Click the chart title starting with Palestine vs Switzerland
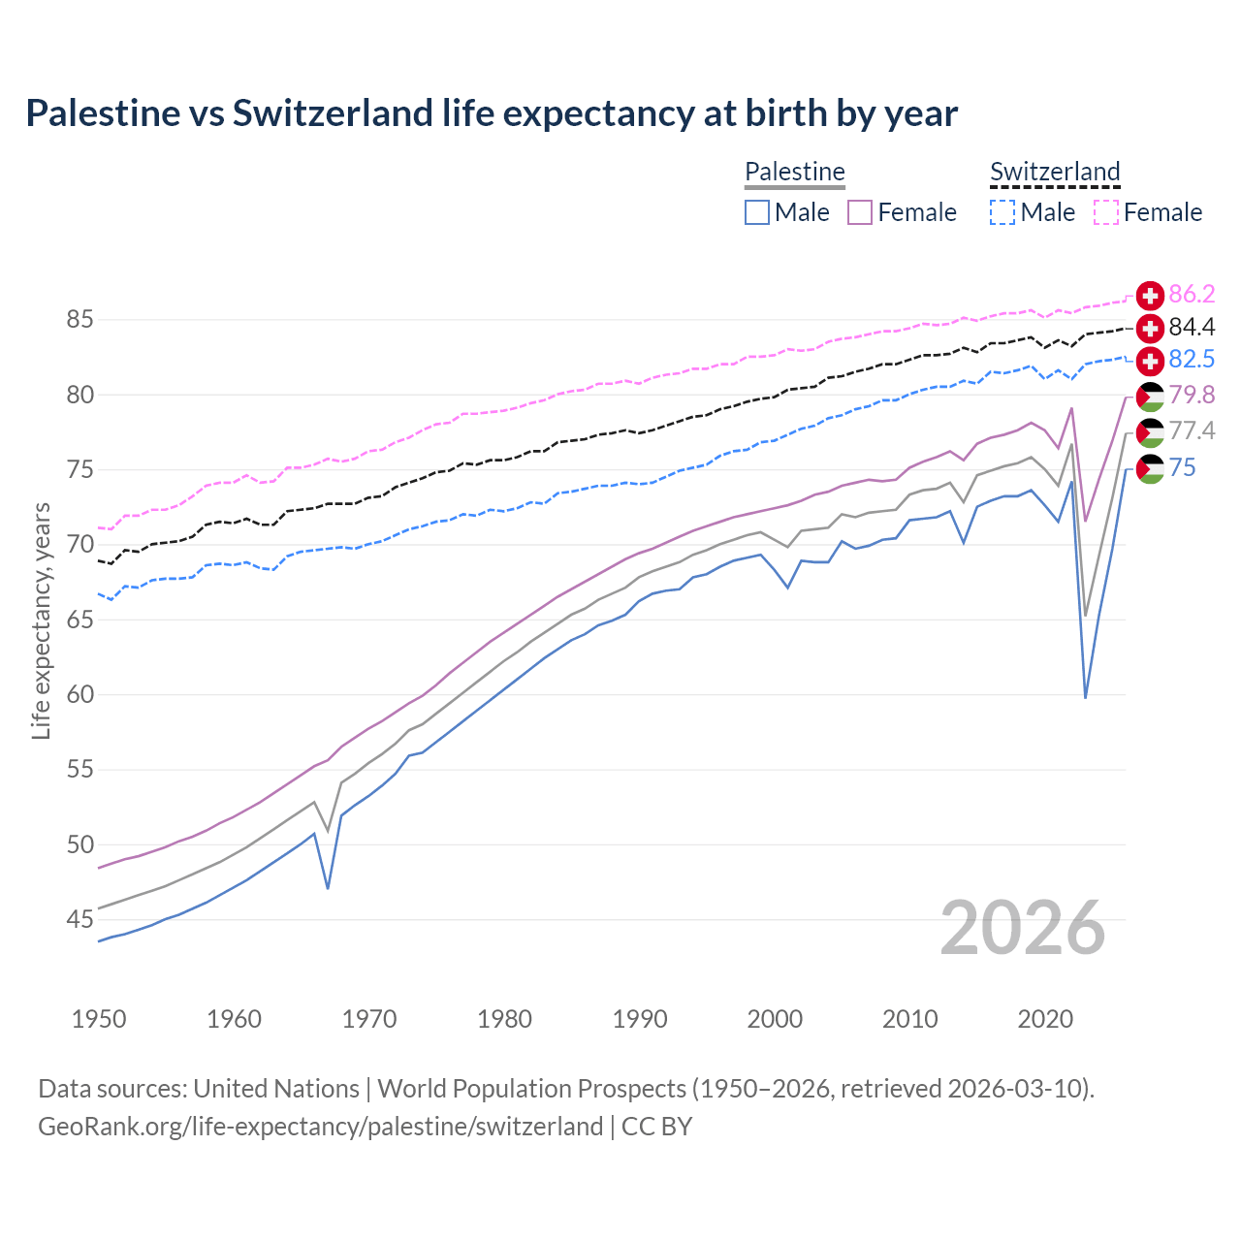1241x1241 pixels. click(x=492, y=113)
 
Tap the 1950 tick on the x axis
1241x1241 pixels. click(x=99, y=1019)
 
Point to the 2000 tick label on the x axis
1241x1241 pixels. click(x=775, y=1019)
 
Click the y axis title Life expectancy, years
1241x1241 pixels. click(x=42, y=620)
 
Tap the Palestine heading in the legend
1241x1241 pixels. click(x=795, y=172)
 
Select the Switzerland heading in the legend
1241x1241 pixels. click(x=1055, y=172)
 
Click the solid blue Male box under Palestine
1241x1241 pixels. click(x=757, y=212)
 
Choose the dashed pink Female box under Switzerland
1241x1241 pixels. click(x=1106, y=212)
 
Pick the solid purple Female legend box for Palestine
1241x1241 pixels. click(x=860, y=212)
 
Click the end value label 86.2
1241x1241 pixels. click(x=1192, y=295)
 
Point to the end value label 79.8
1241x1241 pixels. click(x=1192, y=396)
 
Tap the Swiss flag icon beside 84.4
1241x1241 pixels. click(x=1150, y=328)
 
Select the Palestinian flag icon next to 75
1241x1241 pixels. click(x=1150, y=468)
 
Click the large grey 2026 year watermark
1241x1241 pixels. click(x=1023, y=928)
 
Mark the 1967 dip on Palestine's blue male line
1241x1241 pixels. click(x=328, y=888)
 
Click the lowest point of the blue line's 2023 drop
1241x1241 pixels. click(x=1085, y=697)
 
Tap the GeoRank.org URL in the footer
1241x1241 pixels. click(x=320, y=1127)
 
